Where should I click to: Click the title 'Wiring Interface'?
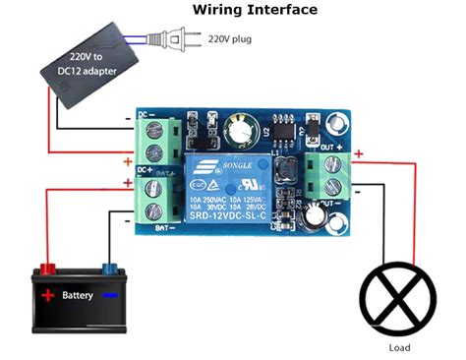click(255, 10)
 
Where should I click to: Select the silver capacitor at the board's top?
click(236, 129)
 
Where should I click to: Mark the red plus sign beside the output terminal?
click(359, 153)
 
